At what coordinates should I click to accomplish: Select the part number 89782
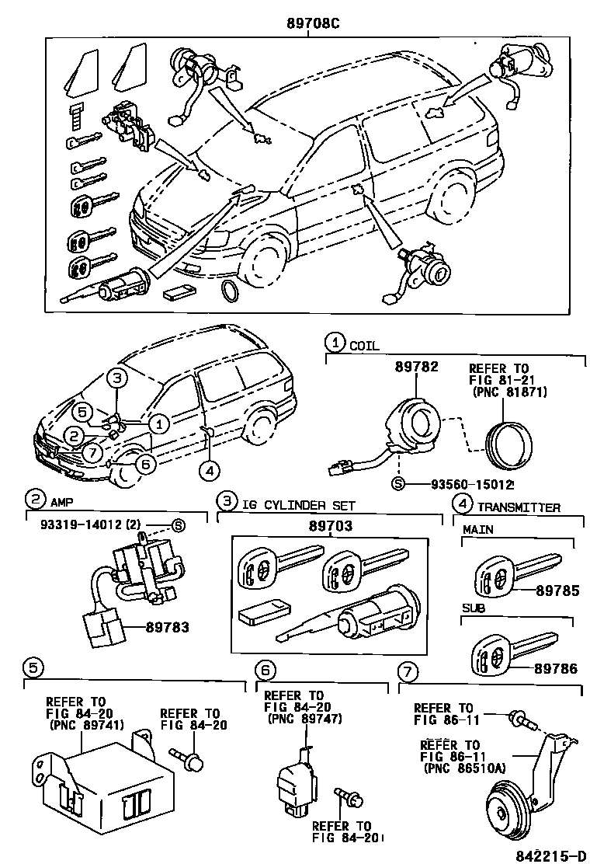coord(415,365)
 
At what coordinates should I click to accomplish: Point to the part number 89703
coord(329,526)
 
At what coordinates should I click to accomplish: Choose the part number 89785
coord(557,591)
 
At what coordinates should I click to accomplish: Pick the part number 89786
coord(557,667)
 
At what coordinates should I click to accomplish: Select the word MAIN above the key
coord(479,529)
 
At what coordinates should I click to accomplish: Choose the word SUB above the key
coord(474,608)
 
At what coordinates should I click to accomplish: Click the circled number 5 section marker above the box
coord(32,667)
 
